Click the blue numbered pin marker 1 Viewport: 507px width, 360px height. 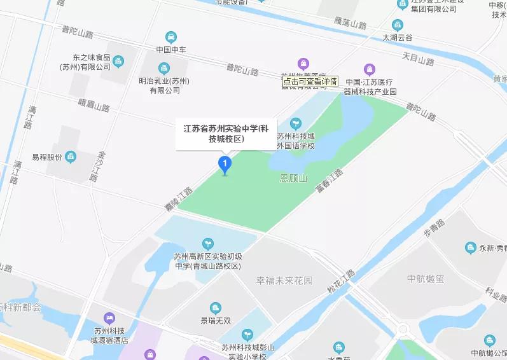point(224,164)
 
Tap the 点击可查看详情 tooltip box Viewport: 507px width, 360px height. point(310,81)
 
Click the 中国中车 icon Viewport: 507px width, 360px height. point(170,37)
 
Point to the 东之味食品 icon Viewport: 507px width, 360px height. point(118,61)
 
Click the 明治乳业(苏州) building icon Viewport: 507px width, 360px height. point(164,67)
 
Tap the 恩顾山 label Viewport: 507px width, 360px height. point(293,179)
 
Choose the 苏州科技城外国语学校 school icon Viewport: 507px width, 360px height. point(295,123)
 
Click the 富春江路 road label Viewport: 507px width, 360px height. point(329,182)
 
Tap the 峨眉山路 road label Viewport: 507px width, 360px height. point(94,106)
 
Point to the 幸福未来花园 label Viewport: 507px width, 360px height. point(284,280)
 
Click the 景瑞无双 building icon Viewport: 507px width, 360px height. point(216,308)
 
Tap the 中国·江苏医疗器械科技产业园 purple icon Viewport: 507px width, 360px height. point(370,69)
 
